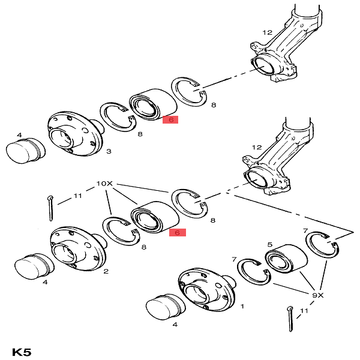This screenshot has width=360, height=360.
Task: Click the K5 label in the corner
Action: pyautogui.click(x=22, y=350)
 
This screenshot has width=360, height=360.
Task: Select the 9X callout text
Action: pyautogui.click(x=317, y=295)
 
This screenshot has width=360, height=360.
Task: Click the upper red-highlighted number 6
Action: pyautogui.click(x=170, y=119)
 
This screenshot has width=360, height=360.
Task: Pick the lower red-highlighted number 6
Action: pyautogui.click(x=178, y=232)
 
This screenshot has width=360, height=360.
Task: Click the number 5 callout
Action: pyautogui.click(x=270, y=244)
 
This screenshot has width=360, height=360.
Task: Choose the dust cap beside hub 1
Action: pyautogui.click(x=166, y=306)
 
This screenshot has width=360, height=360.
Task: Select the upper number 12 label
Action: pyautogui.click(x=267, y=32)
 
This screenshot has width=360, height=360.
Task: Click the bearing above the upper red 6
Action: pyautogui.click(x=153, y=104)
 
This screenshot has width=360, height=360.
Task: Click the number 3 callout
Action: pyautogui.click(x=108, y=151)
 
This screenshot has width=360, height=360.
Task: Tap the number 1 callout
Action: pyautogui.click(x=242, y=306)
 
